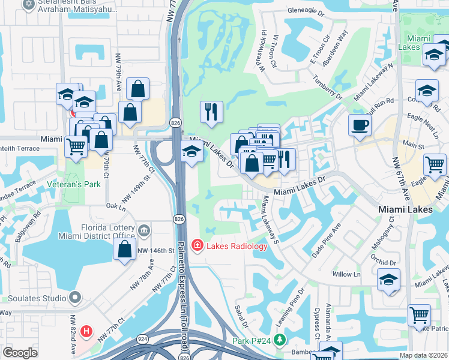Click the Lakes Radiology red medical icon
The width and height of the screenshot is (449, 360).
coord(197,245)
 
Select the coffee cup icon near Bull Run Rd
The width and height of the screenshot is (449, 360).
coord(360,125)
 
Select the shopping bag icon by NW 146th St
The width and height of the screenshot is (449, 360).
coord(124,250)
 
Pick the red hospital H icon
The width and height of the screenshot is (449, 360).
coord(87,331)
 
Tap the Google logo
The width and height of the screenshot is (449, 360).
coord(20,353)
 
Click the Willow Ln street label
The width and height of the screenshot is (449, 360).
coord(346,274)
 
